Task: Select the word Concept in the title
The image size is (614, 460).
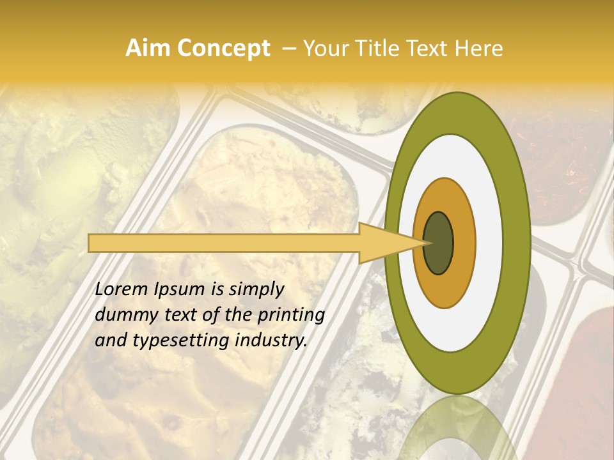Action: pyautogui.click(x=223, y=49)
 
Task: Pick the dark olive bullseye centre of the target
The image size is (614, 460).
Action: pyautogui.click(x=438, y=243)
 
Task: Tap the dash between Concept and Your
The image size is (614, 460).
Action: pyautogui.click(x=288, y=49)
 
